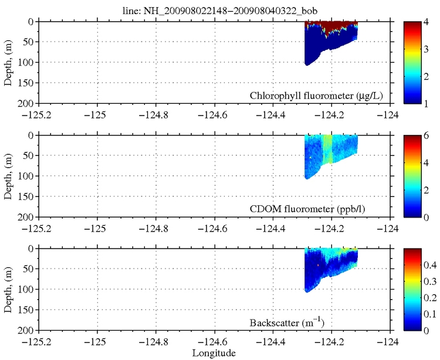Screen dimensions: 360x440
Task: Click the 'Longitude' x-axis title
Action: click(x=214, y=353)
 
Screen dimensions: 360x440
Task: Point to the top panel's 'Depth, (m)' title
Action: click(x=8, y=62)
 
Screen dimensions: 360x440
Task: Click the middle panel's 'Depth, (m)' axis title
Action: click(x=8, y=176)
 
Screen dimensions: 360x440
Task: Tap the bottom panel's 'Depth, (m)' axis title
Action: click(x=8, y=290)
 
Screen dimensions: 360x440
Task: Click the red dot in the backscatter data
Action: click(x=318, y=265)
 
